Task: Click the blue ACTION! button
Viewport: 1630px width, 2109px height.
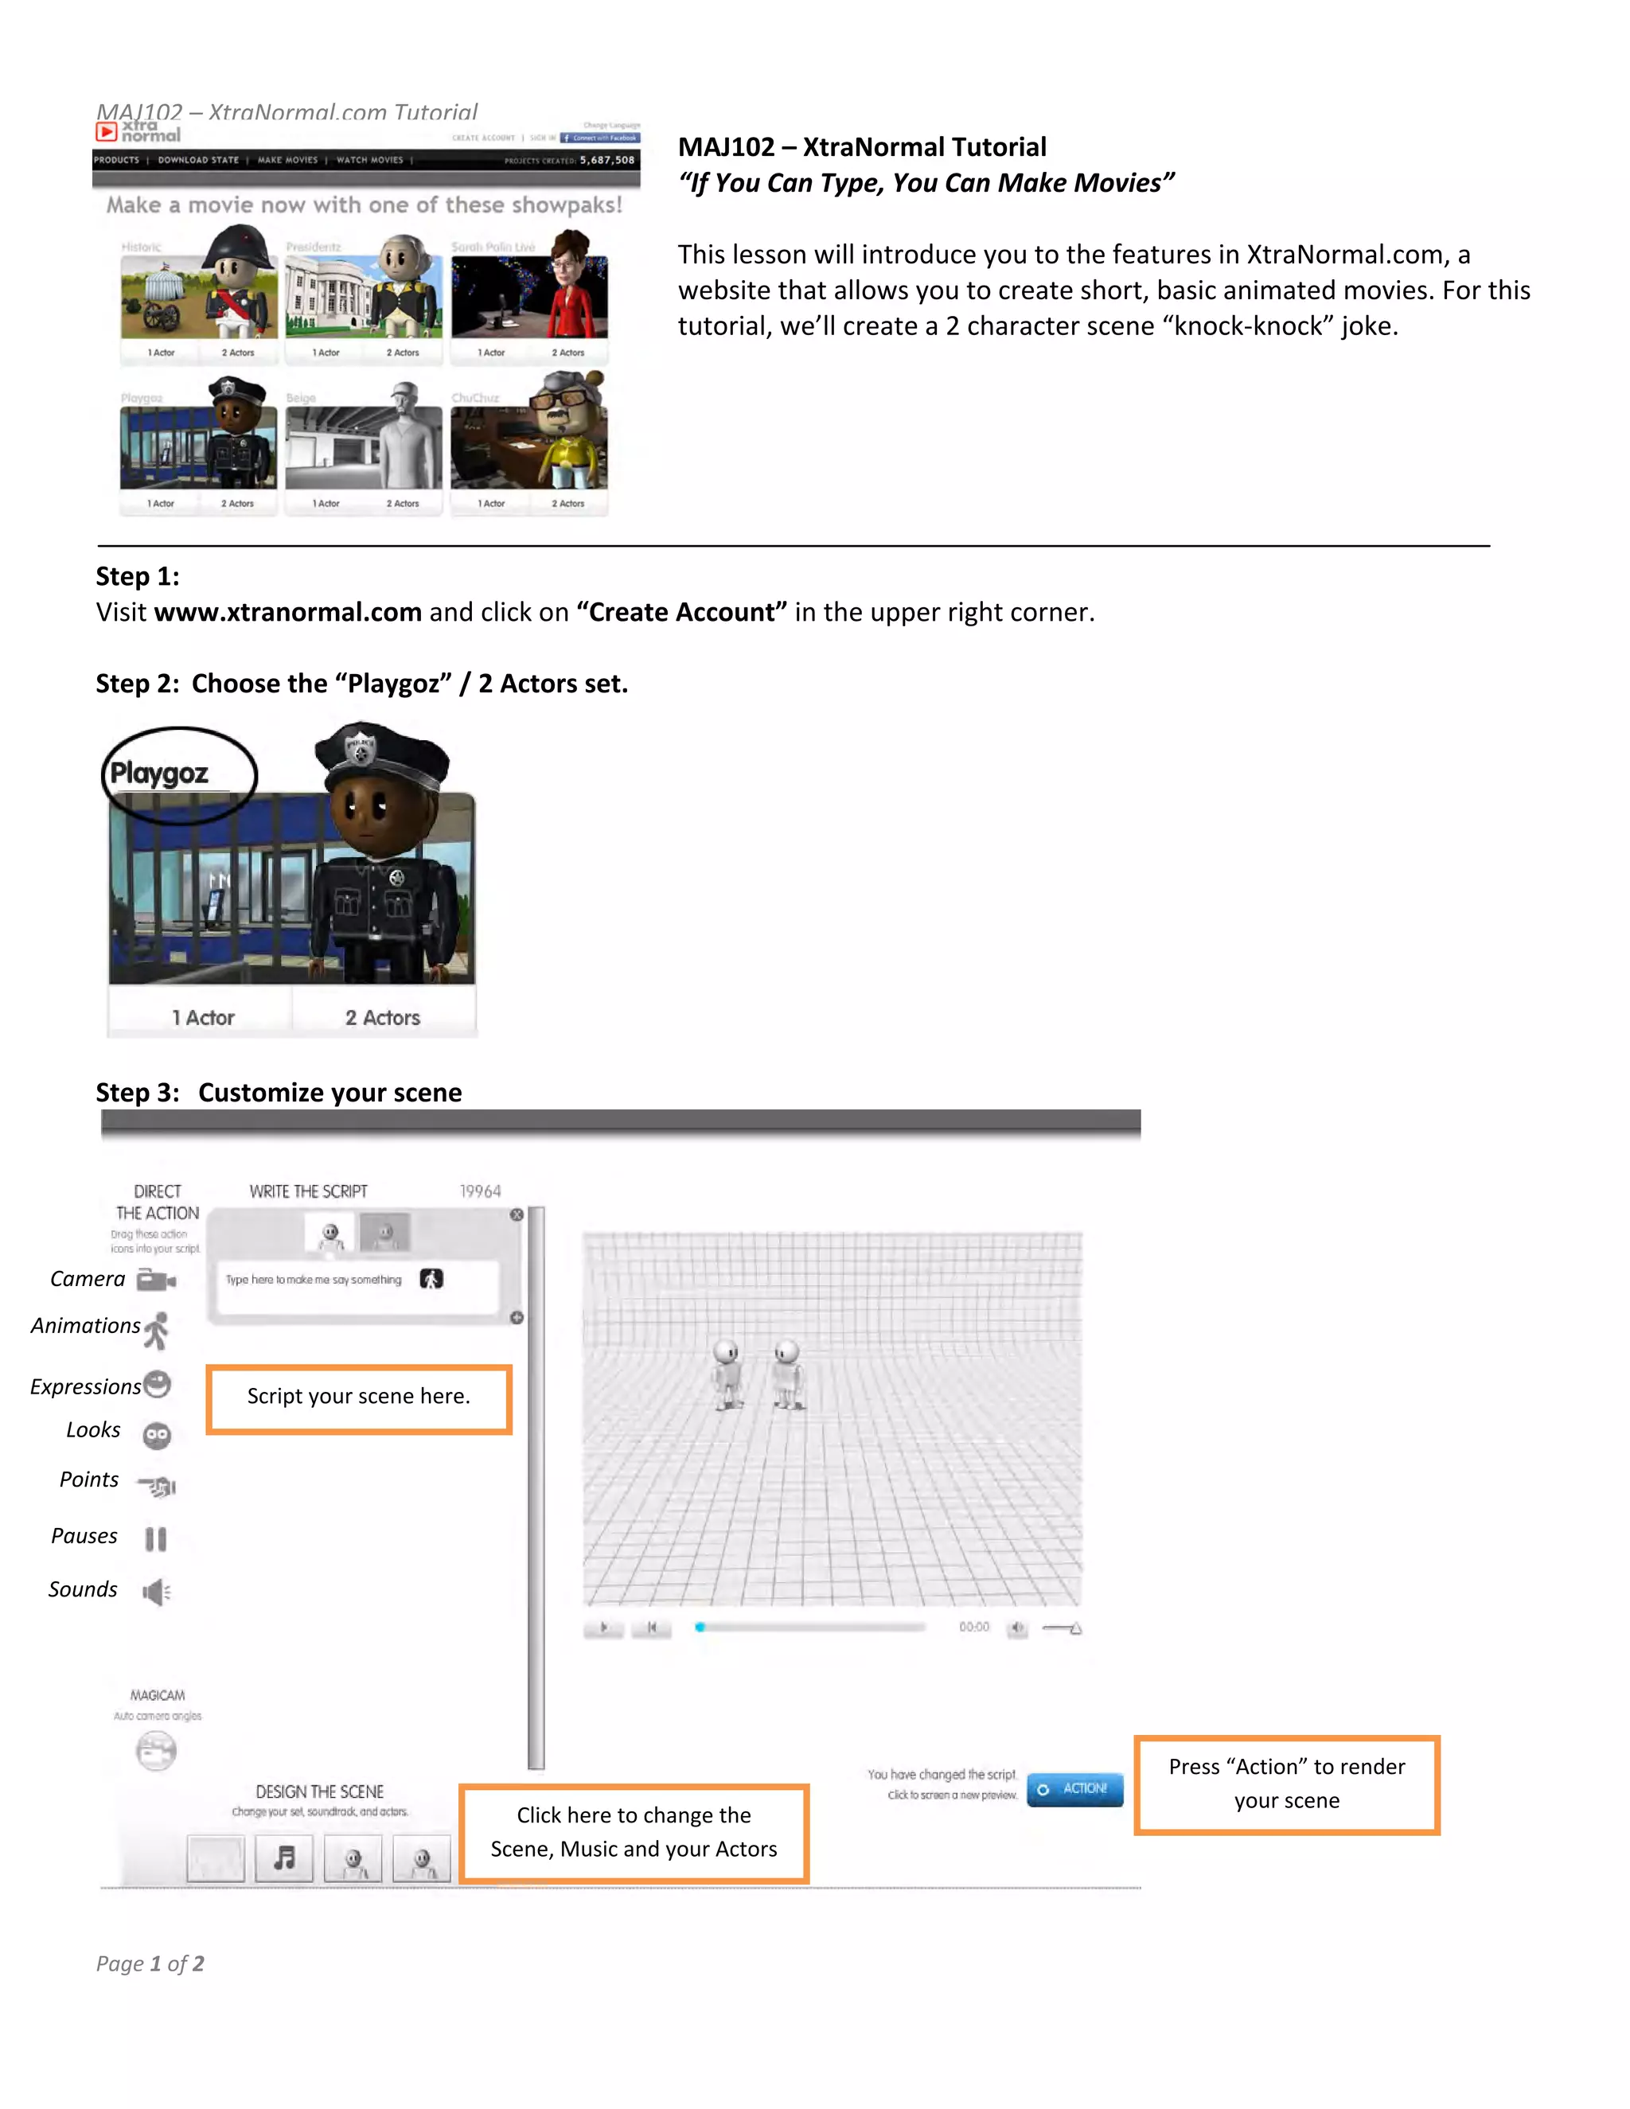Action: [x=1074, y=1788]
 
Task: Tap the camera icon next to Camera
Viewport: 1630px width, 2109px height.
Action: [x=155, y=1281]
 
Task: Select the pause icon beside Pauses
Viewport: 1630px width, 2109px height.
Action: [x=155, y=1538]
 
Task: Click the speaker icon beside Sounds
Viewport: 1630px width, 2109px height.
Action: [x=155, y=1592]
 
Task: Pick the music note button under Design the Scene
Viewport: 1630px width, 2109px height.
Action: [x=284, y=1857]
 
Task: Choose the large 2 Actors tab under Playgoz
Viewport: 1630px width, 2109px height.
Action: [x=382, y=1018]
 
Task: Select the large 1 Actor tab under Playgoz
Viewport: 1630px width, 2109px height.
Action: [x=203, y=1018]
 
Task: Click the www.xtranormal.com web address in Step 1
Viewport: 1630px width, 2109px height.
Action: [x=288, y=612]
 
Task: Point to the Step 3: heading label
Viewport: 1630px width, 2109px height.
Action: [x=137, y=1092]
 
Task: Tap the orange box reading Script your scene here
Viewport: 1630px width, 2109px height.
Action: [x=358, y=1398]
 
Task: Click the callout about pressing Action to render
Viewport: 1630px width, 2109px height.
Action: [x=1286, y=1783]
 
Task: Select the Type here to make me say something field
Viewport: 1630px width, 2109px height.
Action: [x=314, y=1281]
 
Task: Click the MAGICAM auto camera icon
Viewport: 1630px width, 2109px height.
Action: [x=155, y=1751]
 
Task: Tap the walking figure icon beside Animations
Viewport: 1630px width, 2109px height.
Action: [x=157, y=1330]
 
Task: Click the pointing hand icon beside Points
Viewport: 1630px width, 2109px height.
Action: [x=158, y=1485]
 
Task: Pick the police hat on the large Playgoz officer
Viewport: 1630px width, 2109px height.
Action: [x=382, y=753]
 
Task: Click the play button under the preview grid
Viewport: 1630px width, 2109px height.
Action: [x=603, y=1628]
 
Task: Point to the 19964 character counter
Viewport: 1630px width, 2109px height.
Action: [x=480, y=1191]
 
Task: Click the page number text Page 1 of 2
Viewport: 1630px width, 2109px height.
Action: [x=150, y=1963]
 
